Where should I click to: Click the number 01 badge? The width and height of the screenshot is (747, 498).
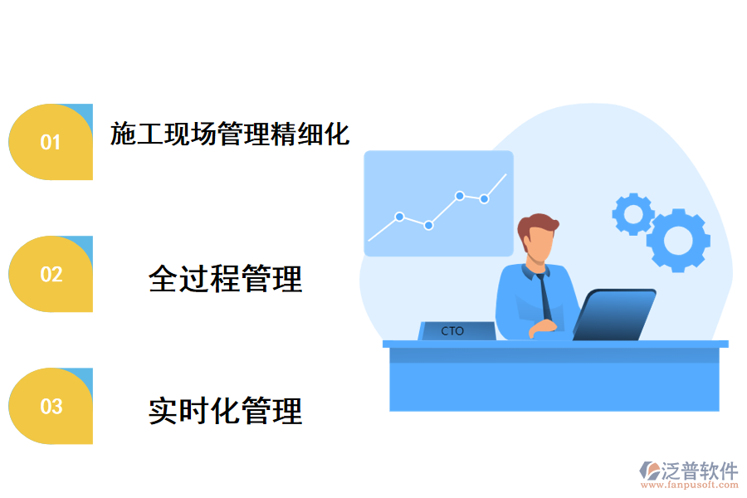51,142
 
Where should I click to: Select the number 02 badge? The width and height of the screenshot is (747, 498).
51,274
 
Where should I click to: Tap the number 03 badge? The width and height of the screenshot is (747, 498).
51,406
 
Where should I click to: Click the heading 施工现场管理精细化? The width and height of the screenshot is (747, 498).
230,134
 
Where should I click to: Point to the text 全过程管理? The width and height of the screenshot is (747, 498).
225,279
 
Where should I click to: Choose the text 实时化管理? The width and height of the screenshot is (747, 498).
225,410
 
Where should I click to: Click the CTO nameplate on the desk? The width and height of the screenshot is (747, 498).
454,331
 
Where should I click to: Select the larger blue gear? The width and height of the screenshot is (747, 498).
678,240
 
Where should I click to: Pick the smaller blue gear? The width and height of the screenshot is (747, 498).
633,214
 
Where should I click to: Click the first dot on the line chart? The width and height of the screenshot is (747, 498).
399,217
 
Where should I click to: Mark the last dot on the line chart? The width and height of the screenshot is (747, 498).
484,199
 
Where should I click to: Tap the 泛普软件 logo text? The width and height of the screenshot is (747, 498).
700,471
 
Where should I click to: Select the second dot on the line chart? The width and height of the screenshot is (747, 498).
428,225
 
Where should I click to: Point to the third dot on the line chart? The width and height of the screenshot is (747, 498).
459,196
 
